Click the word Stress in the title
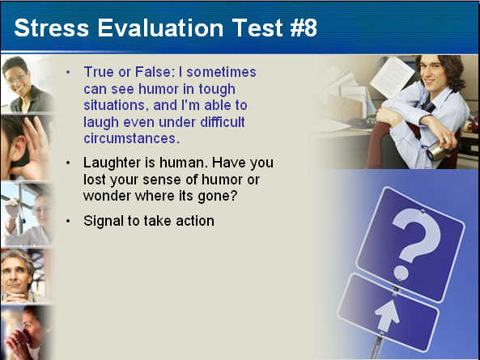pyautogui.click(x=52, y=28)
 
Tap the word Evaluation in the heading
pyautogui.click(x=160, y=28)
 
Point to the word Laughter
pyautogui.click(x=112, y=163)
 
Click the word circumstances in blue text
pyautogui.click(x=132, y=138)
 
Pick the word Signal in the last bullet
pyautogui.click(x=103, y=222)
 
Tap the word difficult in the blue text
pyautogui.click(x=223, y=121)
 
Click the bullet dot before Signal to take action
pyautogui.click(x=68, y=222)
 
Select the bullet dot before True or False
pyautogui.click(x=68, y=73)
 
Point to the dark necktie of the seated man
pyautogui.click(x=428, y=107)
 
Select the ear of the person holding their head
pyautogui.click(x=19, y=148)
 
